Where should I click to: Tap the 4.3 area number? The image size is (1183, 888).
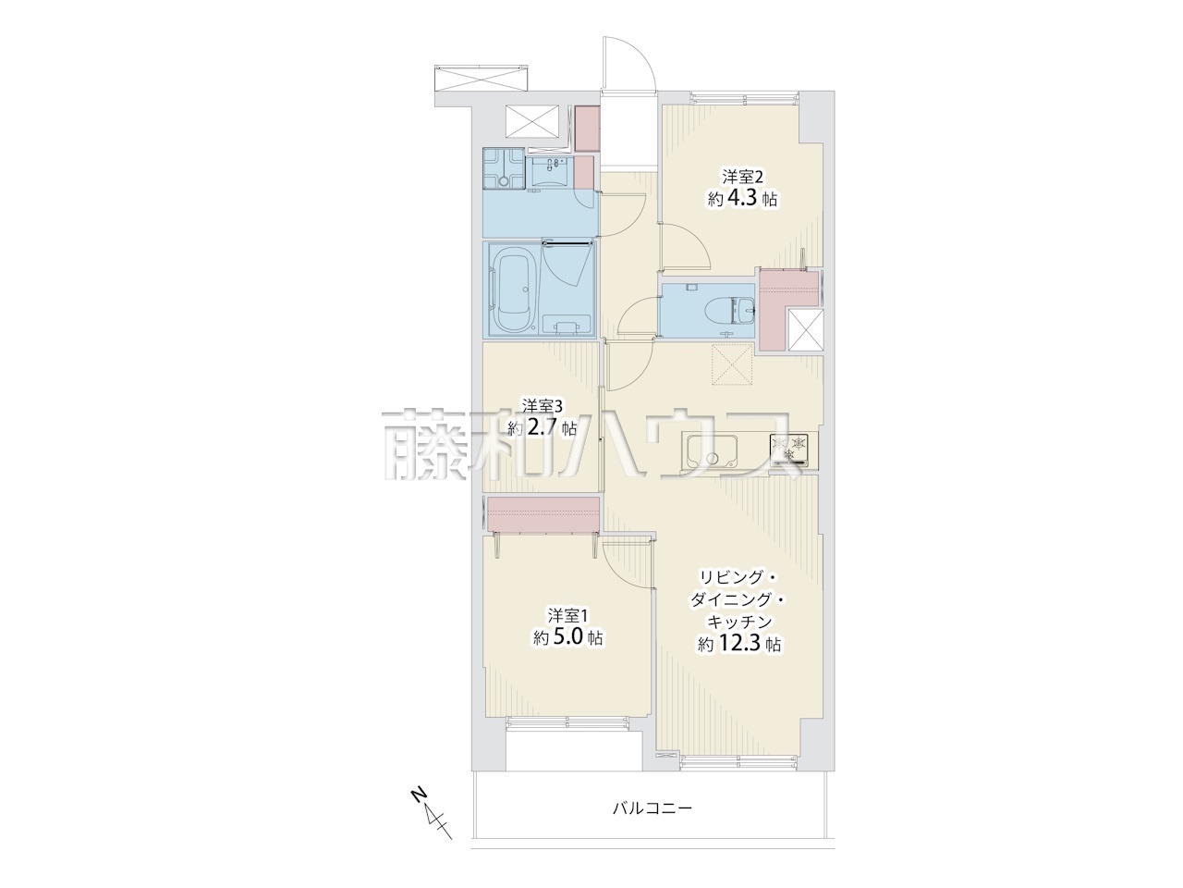745,199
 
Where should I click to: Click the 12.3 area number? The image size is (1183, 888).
739,644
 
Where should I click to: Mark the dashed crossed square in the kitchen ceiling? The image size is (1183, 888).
732,365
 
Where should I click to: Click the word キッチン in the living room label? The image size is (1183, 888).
739,622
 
